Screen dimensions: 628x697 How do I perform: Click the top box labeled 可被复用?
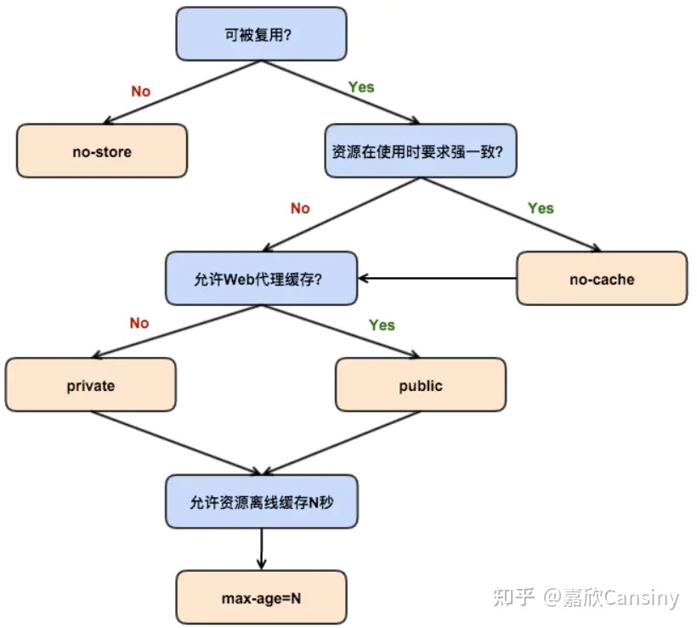pos(261,34)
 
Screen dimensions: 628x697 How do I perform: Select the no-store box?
pos(102,151)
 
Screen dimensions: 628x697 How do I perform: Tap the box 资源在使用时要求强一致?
pos(420,151)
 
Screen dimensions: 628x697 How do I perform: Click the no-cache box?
pos(602,278)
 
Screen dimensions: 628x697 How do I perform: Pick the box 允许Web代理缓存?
pos(262,278)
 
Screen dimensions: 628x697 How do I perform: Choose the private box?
pos(91,385)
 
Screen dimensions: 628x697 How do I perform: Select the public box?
pos(421,385)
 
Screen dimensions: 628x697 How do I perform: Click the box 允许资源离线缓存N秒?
pos(262,501)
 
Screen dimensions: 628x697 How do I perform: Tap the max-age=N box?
pos(262,597)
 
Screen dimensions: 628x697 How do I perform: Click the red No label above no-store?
pos(140,91)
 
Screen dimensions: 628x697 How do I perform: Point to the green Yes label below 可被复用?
pos(361,88)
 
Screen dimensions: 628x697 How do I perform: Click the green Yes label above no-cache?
pos(541,208)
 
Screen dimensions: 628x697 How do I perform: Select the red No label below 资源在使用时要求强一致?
pos(300,208)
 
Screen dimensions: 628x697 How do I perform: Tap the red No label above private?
pos(139,323)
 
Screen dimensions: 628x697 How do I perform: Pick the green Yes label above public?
pos(382,325)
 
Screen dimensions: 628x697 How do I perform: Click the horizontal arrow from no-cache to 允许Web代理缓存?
pos(438,278)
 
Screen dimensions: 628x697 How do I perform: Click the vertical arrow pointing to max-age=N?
pos(262,548)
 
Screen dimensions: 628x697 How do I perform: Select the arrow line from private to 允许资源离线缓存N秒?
pos(174,443)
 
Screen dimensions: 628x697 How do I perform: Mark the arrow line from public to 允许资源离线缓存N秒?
pos(340,443)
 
